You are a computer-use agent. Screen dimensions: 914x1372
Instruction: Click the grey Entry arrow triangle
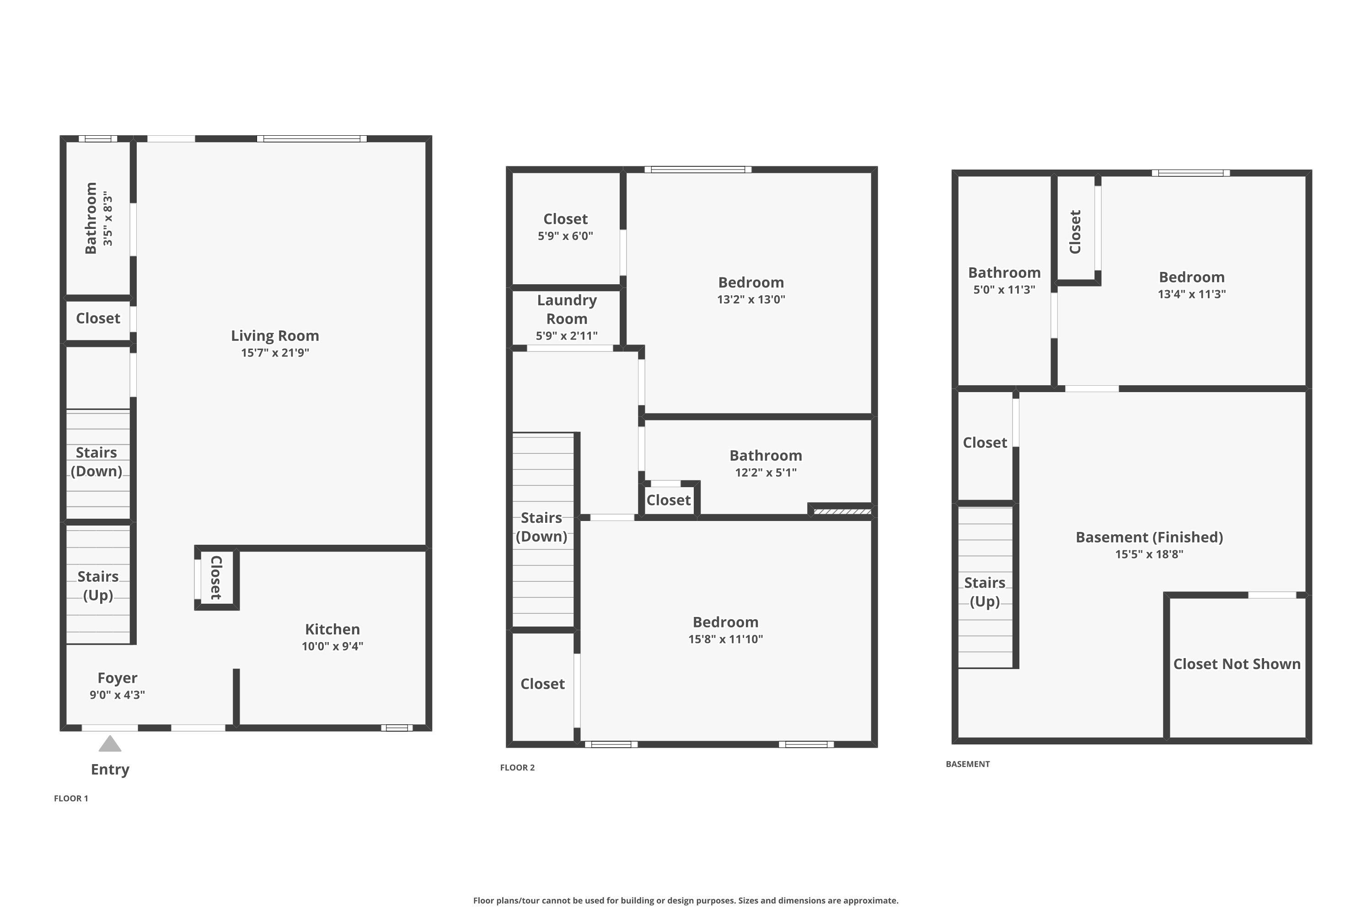tap(110, 744)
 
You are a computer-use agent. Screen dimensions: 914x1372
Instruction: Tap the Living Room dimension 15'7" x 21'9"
tap(275, 353)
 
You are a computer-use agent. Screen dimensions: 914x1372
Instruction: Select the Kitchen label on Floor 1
tap(332, 630)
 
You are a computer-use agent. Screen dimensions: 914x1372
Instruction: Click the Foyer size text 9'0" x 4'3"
tap(117, 695)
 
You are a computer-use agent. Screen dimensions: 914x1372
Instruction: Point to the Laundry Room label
tap(567, 309)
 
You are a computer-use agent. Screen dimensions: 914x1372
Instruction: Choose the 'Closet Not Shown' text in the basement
tap(1237, 664)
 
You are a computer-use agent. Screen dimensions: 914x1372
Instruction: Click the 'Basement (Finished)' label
tap(1149, 537)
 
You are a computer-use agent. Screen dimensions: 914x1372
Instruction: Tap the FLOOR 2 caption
tap(517, 768)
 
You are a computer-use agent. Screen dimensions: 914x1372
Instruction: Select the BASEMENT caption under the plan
tap(967, 764)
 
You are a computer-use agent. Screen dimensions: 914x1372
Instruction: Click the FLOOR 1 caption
tap(70, 798)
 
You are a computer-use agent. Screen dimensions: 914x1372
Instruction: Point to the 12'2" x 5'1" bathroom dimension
tap(765, 473)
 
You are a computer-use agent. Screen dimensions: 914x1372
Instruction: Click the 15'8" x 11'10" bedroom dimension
tap(725, 639)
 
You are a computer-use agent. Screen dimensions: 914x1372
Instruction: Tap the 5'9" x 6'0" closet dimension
tap(565, 236)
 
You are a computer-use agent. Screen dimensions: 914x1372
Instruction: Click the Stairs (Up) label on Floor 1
tap(98, 586)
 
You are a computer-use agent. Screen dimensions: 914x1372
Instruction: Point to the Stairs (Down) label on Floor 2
tap(541, 527)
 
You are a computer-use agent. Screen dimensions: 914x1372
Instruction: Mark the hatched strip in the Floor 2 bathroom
tap(842, 512)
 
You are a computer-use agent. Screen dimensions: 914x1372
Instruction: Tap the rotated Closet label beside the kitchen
tap(216, 578)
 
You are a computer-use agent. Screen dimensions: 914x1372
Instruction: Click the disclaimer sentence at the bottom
tap(686, 901)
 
